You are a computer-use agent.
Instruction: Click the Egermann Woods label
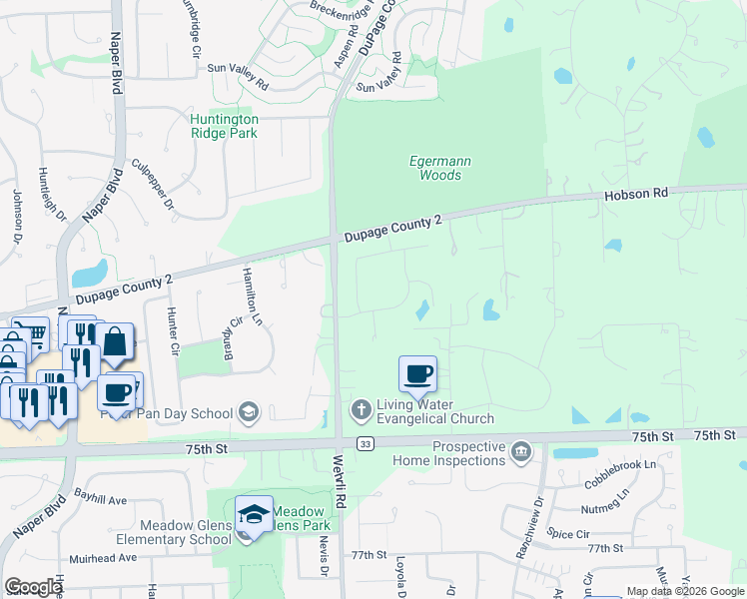[x=439, y=168]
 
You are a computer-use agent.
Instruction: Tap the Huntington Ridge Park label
[x=224, y=126]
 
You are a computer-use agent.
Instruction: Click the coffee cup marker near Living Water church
[x=417, y=374]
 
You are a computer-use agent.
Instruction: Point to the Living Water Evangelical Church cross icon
[x=362, y=408]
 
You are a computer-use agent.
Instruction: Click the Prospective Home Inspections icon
[x=520, y=453]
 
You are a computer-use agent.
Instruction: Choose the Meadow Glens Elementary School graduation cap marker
[x=254, y=514]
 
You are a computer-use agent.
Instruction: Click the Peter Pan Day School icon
[x=249, y=412]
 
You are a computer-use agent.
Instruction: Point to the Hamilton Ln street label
[x=251, y=299]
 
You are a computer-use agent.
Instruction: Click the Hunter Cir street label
[x=173, y=332]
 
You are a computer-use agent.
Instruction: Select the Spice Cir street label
[x=568, y=535]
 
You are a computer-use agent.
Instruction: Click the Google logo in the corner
[x=33, y=587]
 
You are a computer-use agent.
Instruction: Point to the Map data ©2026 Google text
[x=684, y=591]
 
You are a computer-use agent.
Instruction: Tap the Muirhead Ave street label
[x=101, y=558]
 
